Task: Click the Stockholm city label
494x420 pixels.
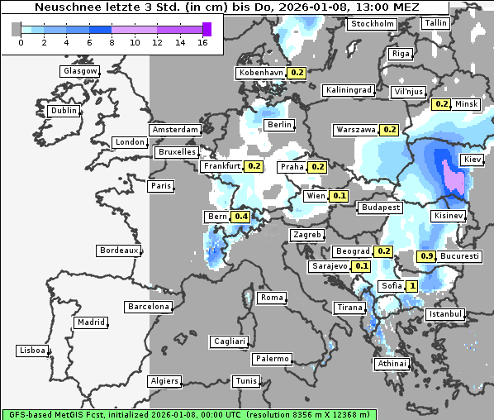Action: [x=372, y=24]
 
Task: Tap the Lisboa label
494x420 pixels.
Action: [x=31, y=351]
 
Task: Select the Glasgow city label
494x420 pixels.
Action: [x=80, y=71]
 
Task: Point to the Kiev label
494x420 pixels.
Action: [x=473, y=159]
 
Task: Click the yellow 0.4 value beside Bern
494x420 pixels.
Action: [x=241, y=217]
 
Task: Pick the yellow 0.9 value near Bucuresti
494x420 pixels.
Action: [x=427, y=256]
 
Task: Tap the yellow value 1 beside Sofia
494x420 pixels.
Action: [x=412, y=286]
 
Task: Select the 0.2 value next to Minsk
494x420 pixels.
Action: [x=441, y=104]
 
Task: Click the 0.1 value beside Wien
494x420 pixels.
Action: [x=339, y=196]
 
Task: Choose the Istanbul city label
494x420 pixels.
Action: [x=445, y=315]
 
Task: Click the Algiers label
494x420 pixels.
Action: [x=164, y=381]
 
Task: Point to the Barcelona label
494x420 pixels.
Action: [x=149, y=307]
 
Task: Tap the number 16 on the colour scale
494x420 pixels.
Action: [x=203, y=43]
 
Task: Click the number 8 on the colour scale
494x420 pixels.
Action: [x=112, y=43]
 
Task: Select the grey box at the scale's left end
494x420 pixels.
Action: [x=17, y=29]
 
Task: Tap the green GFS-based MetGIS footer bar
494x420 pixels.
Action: [x=188, y=414]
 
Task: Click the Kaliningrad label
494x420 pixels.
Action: [x=349, y=89]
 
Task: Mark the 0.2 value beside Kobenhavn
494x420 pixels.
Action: [x=297, y=73]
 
